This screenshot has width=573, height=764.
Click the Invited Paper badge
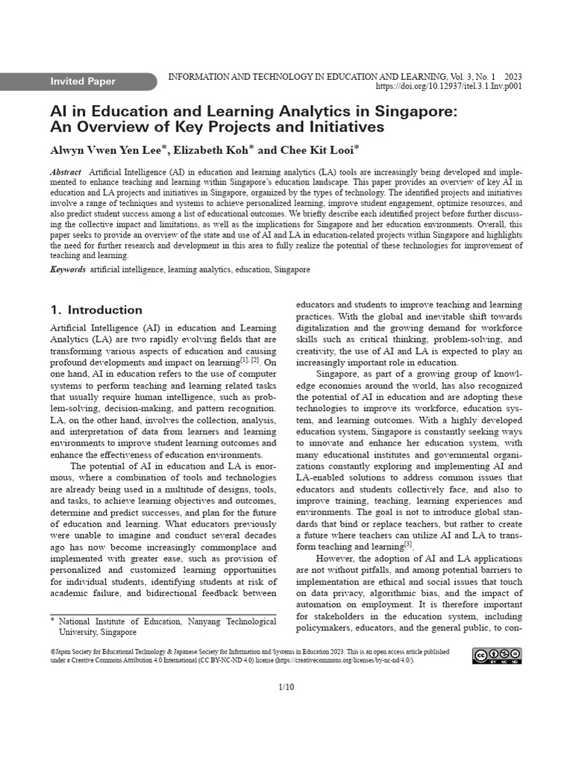[82, 81]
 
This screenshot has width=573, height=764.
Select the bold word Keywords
[68, 269]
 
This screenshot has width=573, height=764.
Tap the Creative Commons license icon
[497, 656]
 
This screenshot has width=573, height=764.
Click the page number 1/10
[286, 687]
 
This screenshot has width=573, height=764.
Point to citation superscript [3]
[408, 544]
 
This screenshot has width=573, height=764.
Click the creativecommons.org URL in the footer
[348, 660]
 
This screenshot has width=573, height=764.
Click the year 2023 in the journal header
[513, 76]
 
